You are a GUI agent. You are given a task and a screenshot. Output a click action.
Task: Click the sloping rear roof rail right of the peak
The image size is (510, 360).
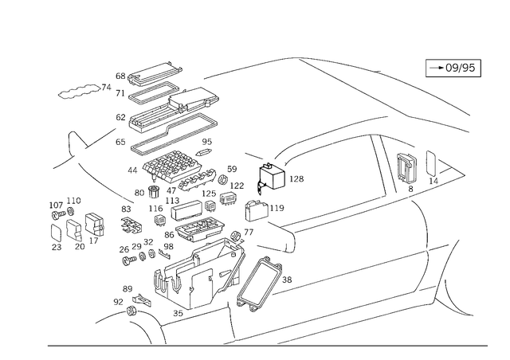click(x=382, y=88)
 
